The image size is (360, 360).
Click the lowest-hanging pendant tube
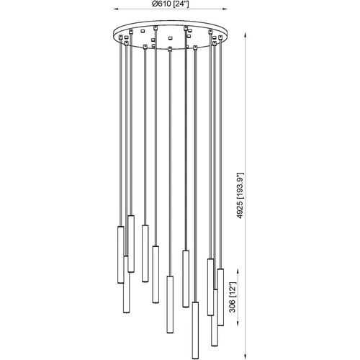coord(195,328)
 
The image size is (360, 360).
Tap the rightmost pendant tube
coord(220,305)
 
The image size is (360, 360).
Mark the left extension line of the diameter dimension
coord(114,22)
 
